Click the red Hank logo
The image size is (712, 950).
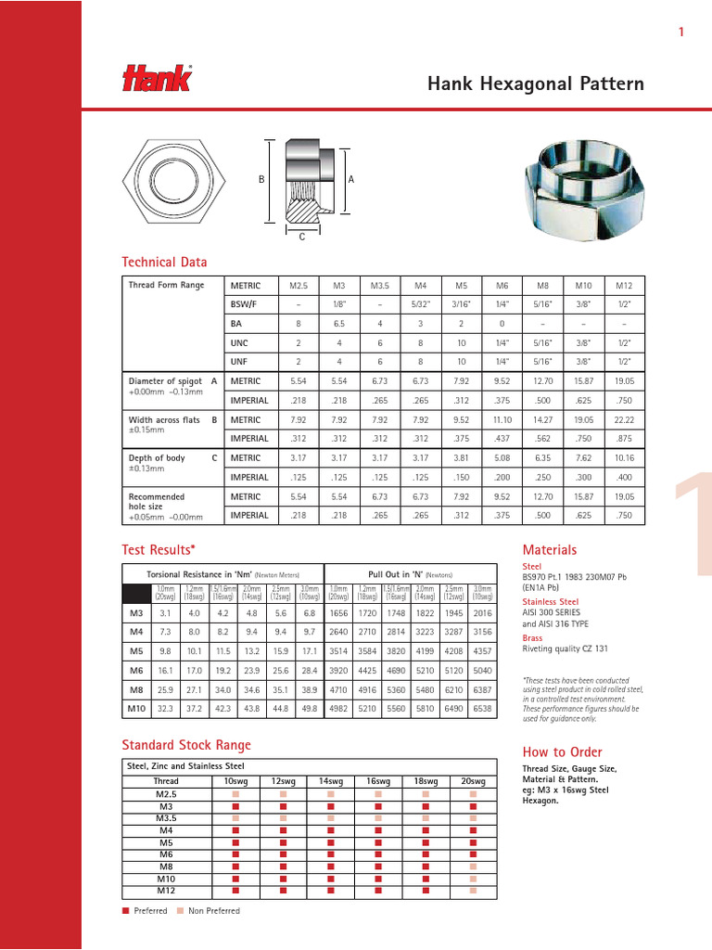pyautogui.click(x=157, y=79)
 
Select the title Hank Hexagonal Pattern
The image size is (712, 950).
pyautogui.click(x=535, y=84)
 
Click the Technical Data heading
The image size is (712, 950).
pyautogui.click(x=165, y=263)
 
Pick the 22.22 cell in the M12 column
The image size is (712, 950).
pyautogui.click(x=624, y=420)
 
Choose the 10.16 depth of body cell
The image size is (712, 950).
pyautogui.click(x=624, y=458)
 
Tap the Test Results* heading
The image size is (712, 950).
pyautogui.click(x=159, y=549)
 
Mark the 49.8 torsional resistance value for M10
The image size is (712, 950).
pyautogui.click(x=309, y=709)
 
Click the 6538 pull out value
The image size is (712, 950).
pyautogui.click(x=484, y=709)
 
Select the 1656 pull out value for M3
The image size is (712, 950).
pyautogui.click(x=338, y=612)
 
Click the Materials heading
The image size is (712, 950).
pyautogui.click(x=550, y=549)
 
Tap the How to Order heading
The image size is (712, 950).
pyautogui.click(x=562, y=751)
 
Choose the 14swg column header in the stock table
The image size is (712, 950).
pyautogui.click(x=329, y=781)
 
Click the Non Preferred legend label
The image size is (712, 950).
pyautogui.click(x=213, y=911)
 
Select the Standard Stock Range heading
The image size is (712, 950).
pyautogui.click(x=186, y=744)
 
